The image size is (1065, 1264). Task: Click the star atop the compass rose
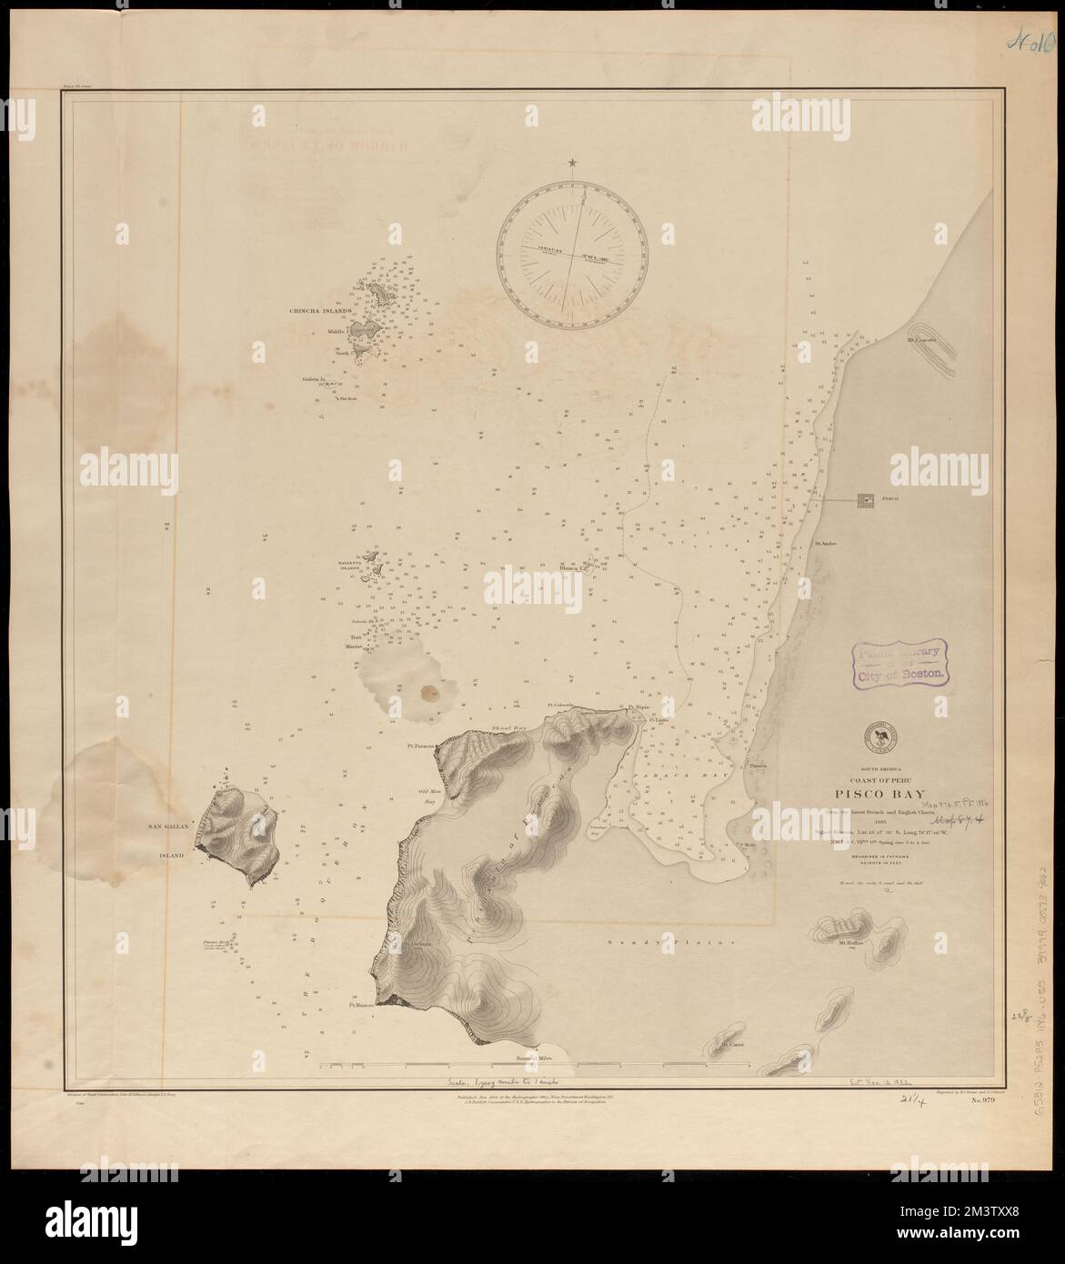pos(573,163)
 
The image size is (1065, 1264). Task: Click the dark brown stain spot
pos(432,693)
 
